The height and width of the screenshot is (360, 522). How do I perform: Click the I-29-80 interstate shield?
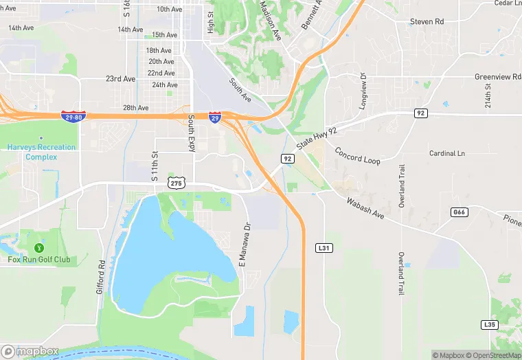(73, 117)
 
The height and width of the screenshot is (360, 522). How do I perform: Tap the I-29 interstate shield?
(215, 117)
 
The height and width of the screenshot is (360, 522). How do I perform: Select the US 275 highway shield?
(176, 182)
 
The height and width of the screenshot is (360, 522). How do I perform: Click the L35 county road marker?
(489, 324)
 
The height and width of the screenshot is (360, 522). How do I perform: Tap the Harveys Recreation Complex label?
(41, 152)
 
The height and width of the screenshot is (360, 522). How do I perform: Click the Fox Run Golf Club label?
(39, 259)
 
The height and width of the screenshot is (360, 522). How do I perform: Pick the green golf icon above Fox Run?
(40, 247)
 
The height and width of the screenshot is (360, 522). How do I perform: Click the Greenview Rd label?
(497, 77)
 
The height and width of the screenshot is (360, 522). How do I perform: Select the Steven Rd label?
(427, 22)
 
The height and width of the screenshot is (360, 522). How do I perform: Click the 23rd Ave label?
(120, 79)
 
